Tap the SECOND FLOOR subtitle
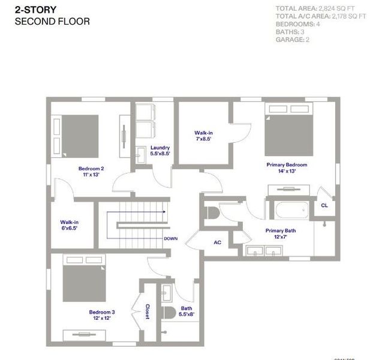[52, 22]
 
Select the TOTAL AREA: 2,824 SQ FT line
[320, 8]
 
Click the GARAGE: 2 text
[293, 40]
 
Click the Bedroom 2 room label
[91, 172]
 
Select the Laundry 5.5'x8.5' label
[160, 151]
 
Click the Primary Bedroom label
[287, 167]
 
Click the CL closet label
[324, 205]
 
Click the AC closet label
[218, 242]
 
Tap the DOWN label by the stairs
[170, 238]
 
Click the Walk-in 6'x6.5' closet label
[68, 226]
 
